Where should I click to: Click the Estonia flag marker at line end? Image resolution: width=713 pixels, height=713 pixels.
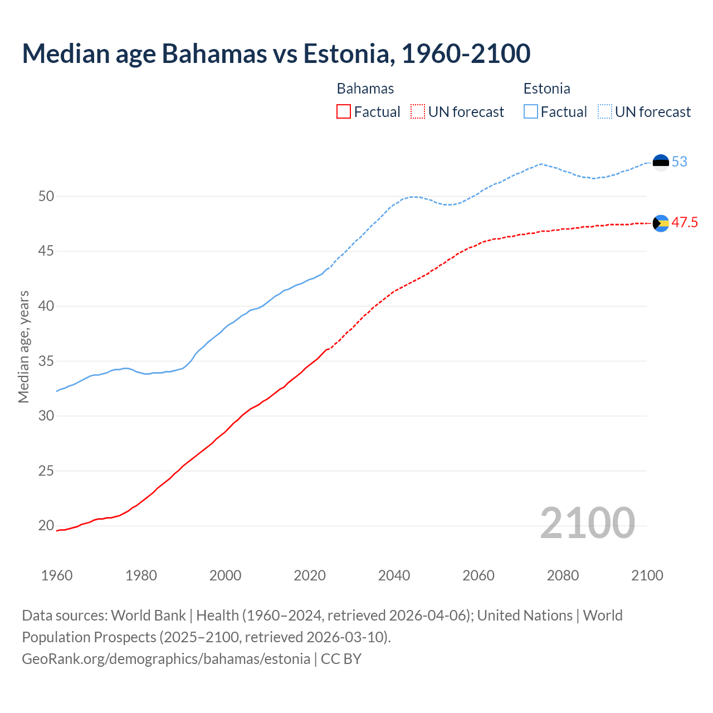coord(661,163)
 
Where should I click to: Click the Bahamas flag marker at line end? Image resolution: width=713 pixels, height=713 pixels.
coord(661,223)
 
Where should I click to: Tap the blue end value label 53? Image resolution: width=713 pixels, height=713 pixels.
coord(680,162)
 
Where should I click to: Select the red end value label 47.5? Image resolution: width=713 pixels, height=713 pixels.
coord(685,223)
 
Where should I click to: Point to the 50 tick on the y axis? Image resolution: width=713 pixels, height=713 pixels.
coord(46,196)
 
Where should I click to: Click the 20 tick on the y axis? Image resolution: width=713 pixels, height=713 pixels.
coord(46,525)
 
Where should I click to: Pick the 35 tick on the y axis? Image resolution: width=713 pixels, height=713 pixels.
coord(46,361)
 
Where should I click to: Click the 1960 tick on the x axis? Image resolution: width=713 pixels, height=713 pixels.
coord(57,575)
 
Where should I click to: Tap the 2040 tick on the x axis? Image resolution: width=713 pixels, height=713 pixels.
coord(394,575)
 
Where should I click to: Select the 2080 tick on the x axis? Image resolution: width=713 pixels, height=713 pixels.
coord(563,575)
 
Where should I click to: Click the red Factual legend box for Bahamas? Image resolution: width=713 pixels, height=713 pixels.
coord(344,112)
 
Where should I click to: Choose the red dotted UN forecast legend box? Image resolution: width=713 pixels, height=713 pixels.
coord(418,112)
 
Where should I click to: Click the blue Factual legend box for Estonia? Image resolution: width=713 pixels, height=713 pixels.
coord(531,112)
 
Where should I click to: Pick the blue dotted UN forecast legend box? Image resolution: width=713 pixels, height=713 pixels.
coord(604,112)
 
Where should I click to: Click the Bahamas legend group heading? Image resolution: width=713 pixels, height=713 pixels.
coord(365,89)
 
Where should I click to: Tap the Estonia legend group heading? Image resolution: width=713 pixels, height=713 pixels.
coord(546,89)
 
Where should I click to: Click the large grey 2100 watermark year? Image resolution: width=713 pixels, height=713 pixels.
coord(587,522)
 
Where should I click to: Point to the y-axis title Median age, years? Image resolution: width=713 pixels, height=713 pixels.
coord(23,346)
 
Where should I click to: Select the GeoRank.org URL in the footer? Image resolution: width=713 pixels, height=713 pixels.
coord(166,659)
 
